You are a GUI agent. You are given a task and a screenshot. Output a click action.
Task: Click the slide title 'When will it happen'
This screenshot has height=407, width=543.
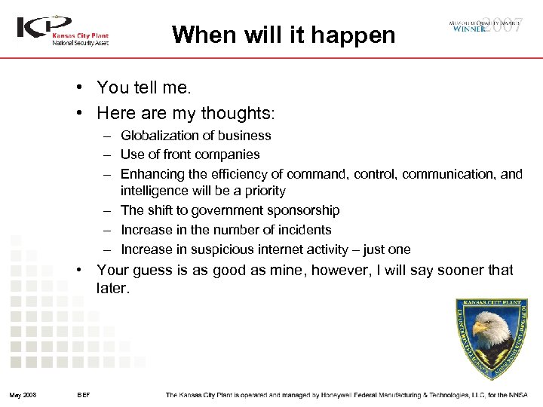(283, 35)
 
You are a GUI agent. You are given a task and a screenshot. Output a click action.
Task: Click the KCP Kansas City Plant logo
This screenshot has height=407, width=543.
(63, 31)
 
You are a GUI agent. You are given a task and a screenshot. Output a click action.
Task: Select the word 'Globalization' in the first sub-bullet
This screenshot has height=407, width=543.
(158, 136)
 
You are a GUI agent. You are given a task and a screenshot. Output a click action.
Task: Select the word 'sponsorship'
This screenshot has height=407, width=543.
(303, 211)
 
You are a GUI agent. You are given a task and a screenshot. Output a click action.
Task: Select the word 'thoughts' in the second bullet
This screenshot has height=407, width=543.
(243, 113)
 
